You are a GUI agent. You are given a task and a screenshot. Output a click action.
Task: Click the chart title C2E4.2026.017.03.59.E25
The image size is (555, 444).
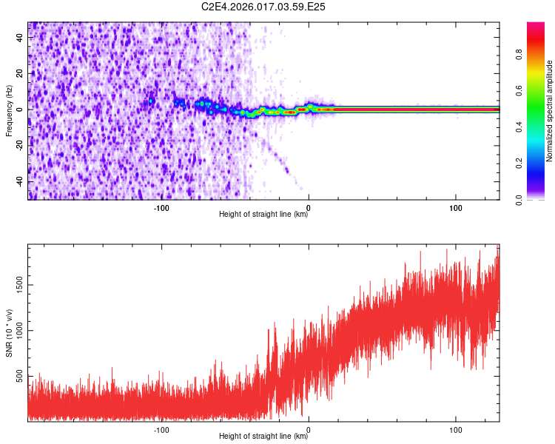click(x=263, y=7)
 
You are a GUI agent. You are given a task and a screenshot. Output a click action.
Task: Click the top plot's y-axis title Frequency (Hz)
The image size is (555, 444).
click(x=9, y=110)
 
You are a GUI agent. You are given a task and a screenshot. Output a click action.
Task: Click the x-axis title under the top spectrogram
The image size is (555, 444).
click(x=263, y=215)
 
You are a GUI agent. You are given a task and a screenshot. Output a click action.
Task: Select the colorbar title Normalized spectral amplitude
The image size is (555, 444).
click(x=550, y=111)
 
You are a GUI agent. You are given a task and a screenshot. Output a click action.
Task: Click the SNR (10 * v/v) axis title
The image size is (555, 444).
click(x=9, y=333)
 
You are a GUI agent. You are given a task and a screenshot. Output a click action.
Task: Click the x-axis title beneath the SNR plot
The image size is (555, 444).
click(x=263, y=437)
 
